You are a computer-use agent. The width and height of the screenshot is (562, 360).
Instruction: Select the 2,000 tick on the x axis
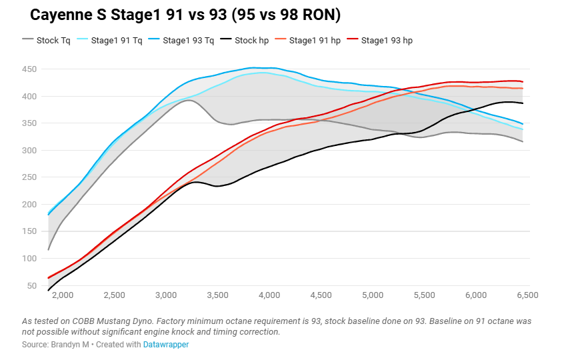(x=62, y=295)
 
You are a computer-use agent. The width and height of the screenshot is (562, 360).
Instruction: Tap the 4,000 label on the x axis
(x=269, y=295)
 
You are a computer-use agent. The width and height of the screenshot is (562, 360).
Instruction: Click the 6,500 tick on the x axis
(x=527, y=295)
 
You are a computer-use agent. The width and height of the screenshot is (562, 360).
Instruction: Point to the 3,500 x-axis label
(x=217, y=295)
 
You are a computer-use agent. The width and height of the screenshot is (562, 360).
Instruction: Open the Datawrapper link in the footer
(x=166, y=345)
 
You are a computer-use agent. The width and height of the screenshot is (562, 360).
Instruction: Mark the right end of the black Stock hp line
(x=523, y=103)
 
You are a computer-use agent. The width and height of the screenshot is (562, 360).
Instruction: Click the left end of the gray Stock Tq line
(x=49, y=250)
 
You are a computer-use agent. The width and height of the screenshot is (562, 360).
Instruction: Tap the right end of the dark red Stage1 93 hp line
(x=523, y=82)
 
